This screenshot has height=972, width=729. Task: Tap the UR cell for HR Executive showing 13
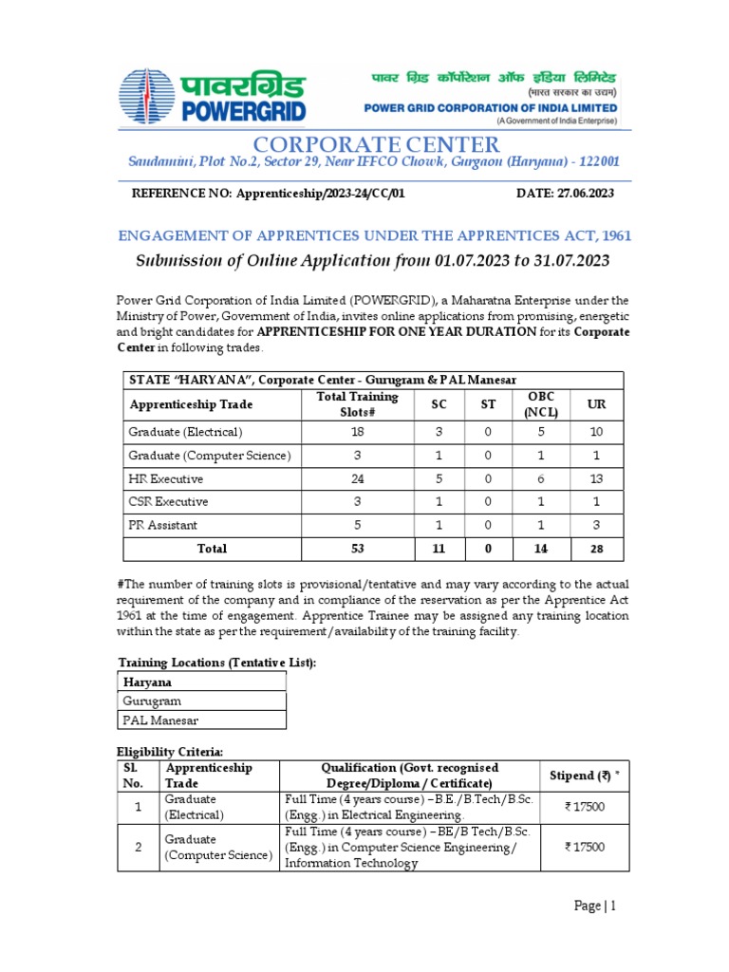click(x=596, y=478)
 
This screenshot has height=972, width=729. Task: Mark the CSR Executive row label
click(x=168, y=501)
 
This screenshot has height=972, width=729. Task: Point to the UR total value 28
click(x=596, y=549)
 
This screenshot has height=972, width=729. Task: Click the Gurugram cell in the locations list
click(x=151, y=701)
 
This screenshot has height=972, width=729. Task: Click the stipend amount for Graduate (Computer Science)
click(x=584, y=848)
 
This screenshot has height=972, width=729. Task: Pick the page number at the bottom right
click(x=596, y=906)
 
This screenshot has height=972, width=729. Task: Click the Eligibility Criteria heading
click(x=170, y=752)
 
